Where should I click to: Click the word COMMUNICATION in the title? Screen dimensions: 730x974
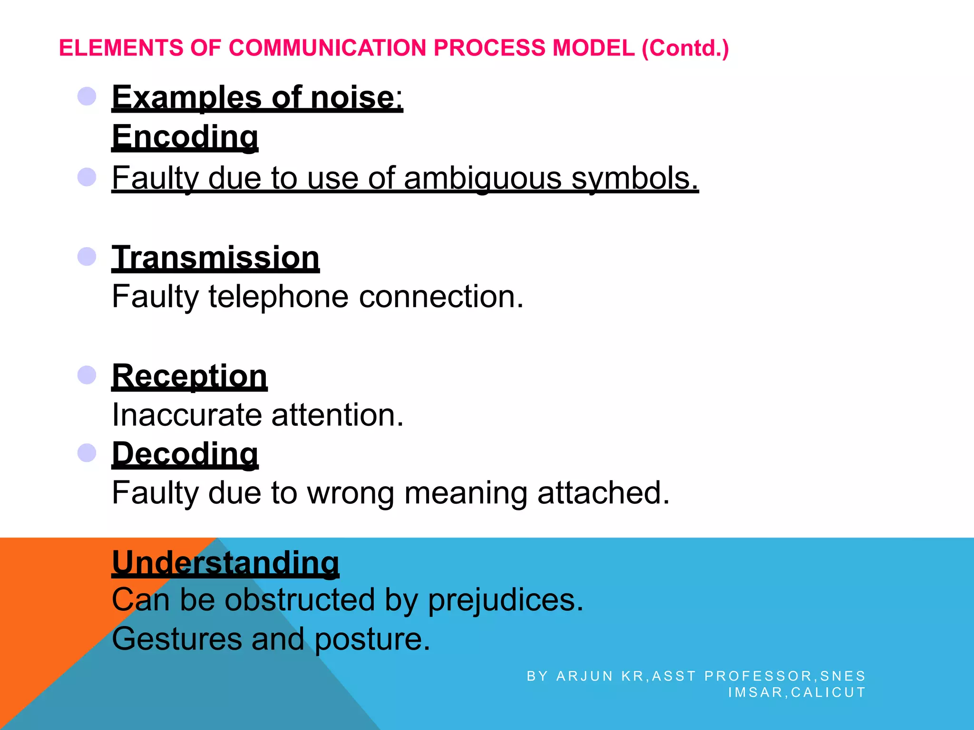pyautogui.click(x=327, y=48)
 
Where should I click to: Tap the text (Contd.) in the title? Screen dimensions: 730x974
pyautogui.click(x=685, y=48)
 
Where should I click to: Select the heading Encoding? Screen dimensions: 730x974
pyautogui.click(x=185, y=137)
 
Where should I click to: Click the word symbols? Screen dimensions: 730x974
pyautogui.click(x=634, y=178)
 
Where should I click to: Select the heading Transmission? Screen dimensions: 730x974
pyautogui.click(x=215, y=258)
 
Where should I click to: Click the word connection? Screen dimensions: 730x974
pyautogui.click(x=441, y=297)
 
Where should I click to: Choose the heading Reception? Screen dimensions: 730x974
pyautogui.click(x=189, y=376)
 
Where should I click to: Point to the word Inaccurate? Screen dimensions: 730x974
pyautogui.click(x=186, y=415)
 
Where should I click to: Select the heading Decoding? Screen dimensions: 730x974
pyautogui.click(x=185, y=454)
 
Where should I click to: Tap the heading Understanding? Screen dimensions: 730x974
pyautogui.click(x=225, y=563)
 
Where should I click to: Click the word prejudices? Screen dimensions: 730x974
pyautogui.click(x=505, y=600)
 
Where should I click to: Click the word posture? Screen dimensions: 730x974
pyautogui.click(x=372, y=639)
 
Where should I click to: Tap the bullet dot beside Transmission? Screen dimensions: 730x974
pyautogui.click(x=87, y=257)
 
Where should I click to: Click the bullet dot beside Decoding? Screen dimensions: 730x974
pyautogui.click(x=87, y=452)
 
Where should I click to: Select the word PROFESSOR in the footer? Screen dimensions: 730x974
pyautogui.click(x=759, y=676)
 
